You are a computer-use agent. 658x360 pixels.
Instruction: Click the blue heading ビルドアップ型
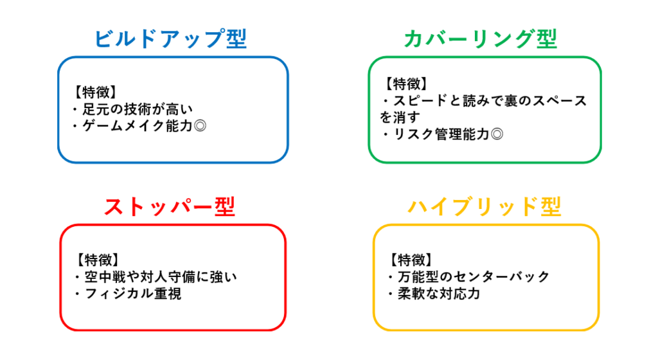170,39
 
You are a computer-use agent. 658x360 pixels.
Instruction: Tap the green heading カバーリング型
481,39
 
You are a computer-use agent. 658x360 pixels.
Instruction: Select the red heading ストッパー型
170,206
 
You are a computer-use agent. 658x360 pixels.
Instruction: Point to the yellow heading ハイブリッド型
485,206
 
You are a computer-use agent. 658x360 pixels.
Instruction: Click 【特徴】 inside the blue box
96,92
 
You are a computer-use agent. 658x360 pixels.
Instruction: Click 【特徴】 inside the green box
406,84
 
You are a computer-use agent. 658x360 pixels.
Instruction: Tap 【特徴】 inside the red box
98,260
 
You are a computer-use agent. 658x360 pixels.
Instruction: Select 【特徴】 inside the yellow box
411,260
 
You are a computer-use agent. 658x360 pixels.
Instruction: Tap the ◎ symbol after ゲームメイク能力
200,125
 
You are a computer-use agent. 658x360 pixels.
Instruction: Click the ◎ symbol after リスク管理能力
497,134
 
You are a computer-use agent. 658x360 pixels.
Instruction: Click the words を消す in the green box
400,117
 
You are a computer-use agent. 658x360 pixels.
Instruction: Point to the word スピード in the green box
420,100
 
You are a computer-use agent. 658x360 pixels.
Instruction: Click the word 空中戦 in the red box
105,276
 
